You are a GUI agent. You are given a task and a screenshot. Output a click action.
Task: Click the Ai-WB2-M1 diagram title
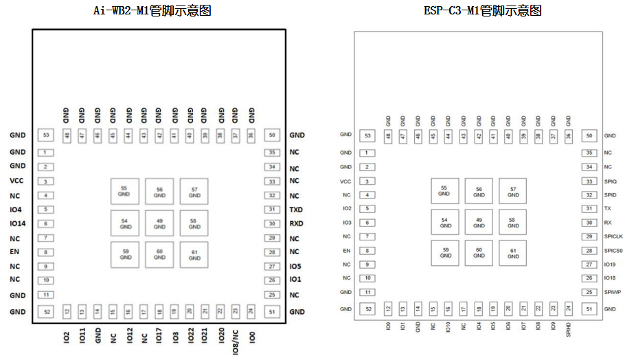pyautogui.click(x=152, y=10)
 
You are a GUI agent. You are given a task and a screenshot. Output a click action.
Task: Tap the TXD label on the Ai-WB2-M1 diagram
pyautogui.click(x=296, y=210)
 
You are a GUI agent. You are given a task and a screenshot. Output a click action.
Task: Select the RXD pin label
pyautogui.click(x=296, y=223)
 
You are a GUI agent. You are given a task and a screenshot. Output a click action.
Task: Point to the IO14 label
pyautogui.click(x=18, y=223)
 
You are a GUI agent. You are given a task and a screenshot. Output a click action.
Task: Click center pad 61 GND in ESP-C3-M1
pyautogui.click(x=513, y=253)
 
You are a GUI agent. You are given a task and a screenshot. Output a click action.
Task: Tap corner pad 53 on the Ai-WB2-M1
pyautogui.click(x=47, y=136)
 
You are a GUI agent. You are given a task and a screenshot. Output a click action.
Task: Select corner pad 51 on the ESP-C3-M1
pyautogui.click(x=590, y=309)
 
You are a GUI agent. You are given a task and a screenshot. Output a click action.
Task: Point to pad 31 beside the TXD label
pyautogui.click(x=273, y=210)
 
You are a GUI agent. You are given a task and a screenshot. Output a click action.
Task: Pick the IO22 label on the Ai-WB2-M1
pyautogui.click(x=190, y=336)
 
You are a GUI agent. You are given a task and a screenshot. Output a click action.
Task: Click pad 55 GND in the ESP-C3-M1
pyautogui.click(x=444, y=190)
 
